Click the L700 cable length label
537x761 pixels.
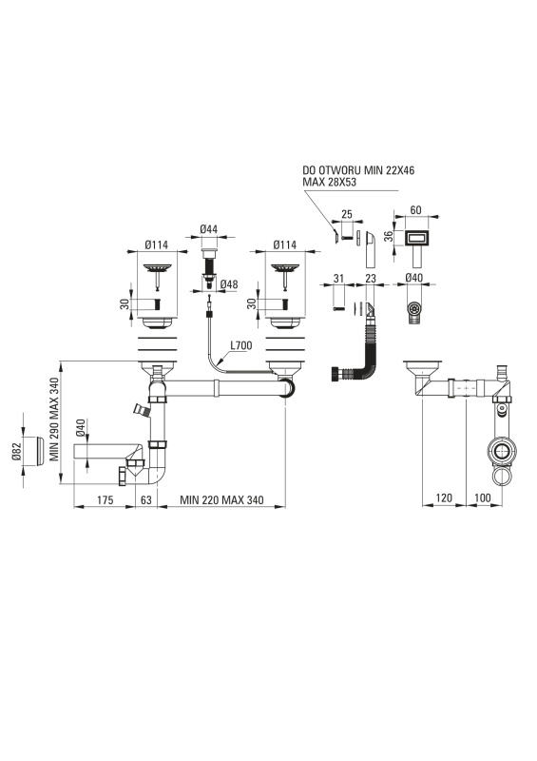click(x=241, y=345)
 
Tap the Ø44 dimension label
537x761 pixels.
click(x=208, y=229)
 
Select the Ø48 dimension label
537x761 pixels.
click(x=229, y=284)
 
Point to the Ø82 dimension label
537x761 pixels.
click(x=16, y=451)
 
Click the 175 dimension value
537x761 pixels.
click(x=105, y=499)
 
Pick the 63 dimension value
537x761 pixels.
click(x=146, y=499)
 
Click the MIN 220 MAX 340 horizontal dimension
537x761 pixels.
click(x=221, y=499)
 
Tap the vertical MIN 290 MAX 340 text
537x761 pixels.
click(x=54, y=419)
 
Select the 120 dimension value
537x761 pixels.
click(x=444, y=498)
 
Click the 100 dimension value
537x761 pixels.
click(x=483, y=498)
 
